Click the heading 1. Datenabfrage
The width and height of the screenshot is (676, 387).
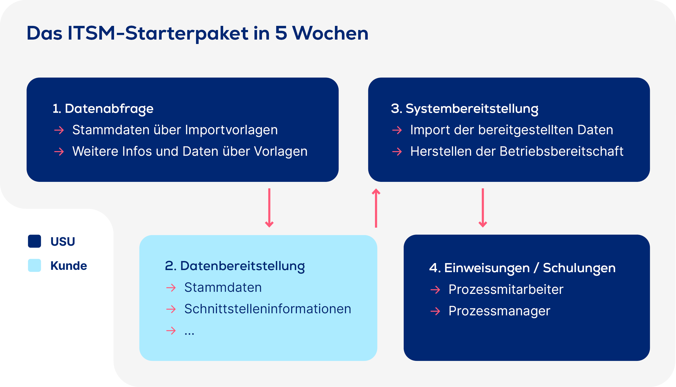[103, 109]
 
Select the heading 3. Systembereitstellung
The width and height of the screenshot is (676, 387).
[464, 109]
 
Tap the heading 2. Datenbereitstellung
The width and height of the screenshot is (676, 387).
[235, 266]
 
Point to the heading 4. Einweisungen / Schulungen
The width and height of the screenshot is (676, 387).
[522, 268]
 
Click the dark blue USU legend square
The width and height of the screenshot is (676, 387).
[35, 241]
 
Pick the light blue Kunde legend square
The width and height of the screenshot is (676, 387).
[35, 265]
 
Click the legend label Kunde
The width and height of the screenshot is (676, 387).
[69, 266]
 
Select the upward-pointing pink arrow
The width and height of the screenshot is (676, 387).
[376, 208]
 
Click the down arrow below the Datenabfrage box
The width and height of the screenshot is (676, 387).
[269, 208]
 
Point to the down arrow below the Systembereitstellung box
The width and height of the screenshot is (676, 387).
[483, 208]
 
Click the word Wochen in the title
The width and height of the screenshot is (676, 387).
[330, 33]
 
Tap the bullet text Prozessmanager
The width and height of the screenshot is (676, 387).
[499, 311]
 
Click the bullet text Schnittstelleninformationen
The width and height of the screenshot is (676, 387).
[268, 309]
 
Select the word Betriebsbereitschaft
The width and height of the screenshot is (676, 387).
[561, 151]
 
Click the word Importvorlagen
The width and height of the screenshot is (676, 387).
[231, 130]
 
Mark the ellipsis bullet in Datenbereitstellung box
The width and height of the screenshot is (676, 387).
[190, 332]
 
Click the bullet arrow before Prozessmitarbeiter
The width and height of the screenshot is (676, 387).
[435, 289]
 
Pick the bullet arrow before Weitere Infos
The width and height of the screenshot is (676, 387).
[59, 152]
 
